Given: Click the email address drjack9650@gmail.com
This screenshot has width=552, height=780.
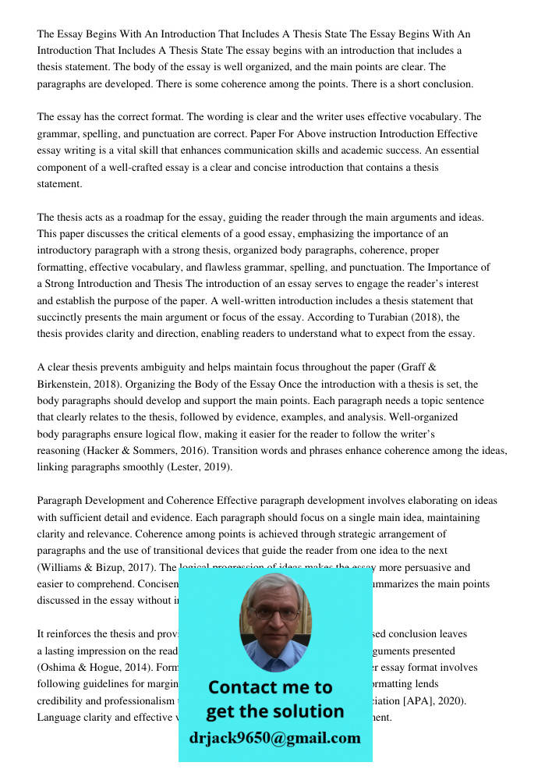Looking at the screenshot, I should tap(275, 738).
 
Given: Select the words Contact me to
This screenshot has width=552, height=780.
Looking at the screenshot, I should tap(271, 687).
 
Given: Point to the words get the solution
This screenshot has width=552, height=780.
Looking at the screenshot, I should tap(274, 711).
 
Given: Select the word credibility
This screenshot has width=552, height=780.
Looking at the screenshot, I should tap(61, 700).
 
